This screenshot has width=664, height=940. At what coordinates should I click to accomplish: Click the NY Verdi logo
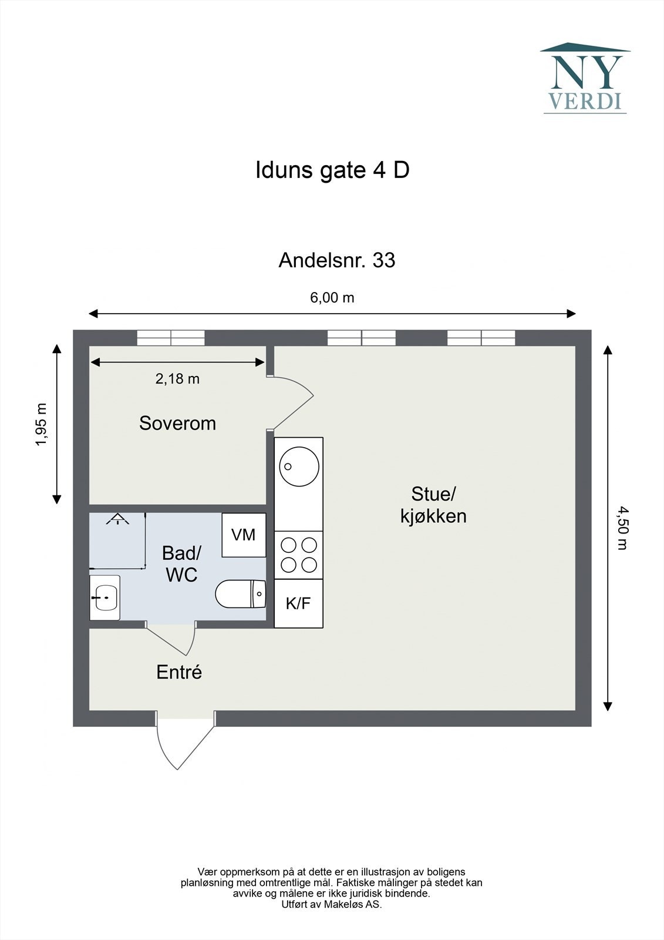[585, 78]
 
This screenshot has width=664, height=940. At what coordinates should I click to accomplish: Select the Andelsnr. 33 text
[337, 260]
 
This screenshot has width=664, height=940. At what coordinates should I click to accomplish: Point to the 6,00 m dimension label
[332, 297]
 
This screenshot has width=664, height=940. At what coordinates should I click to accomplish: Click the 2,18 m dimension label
[177, 379]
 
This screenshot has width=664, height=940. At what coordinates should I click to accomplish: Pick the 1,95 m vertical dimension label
[42, 424]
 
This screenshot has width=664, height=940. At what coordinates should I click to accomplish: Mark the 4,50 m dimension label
[622, 528]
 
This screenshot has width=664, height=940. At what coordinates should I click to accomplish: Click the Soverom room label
[177, 423]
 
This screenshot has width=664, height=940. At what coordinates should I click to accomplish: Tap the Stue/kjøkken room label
[433, 505]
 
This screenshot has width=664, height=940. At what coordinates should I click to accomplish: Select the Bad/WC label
[181, 564]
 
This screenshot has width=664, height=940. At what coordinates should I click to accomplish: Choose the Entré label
[179, 672]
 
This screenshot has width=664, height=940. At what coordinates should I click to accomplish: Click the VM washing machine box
[244, 535]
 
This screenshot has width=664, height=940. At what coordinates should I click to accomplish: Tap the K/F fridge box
[298, 603]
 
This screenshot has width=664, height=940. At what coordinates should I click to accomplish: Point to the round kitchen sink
[299, 466]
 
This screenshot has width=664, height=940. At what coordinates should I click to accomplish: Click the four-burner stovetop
[299, 555]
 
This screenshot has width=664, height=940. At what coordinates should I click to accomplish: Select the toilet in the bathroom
[241, 594]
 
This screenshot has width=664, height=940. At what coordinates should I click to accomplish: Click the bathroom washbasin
[105, 597]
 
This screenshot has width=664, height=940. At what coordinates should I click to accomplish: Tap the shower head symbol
[117, 519]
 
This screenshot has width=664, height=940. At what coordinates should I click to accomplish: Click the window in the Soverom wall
[171, 338]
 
